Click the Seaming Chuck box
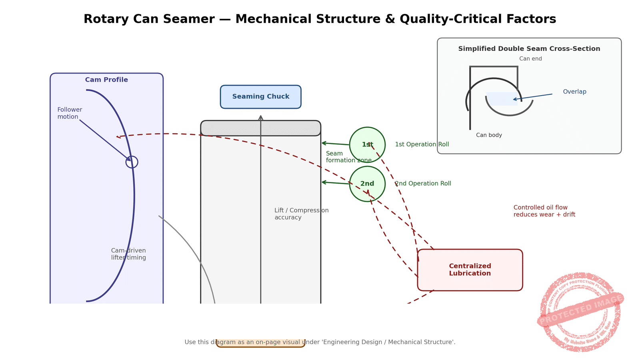260,97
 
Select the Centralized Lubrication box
470,270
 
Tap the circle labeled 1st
367,145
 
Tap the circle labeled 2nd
367,184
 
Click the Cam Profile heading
106,80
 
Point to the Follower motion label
70,113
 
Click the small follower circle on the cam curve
132,162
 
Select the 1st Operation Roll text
422,144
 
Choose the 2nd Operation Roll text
423,184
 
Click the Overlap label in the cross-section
574,92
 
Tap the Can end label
530,59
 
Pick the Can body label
489,135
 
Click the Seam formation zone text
348,157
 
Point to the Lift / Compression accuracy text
301,214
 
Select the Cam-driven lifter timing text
128,254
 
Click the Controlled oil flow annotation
544,211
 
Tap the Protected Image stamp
580,312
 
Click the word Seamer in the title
189,19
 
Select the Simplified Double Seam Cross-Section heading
529,49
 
